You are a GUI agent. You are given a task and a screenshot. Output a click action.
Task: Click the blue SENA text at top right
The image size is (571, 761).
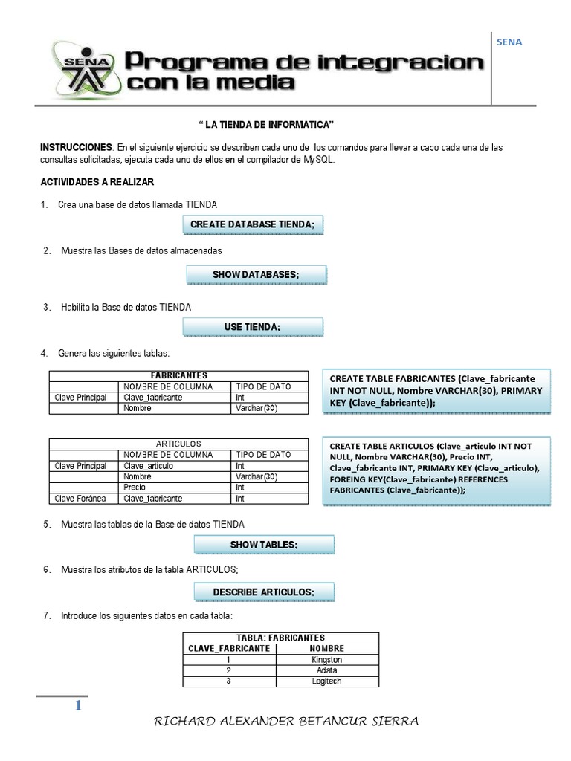coord(509,42)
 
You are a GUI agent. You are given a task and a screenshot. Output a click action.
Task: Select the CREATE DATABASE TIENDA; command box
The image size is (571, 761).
coord(252,224)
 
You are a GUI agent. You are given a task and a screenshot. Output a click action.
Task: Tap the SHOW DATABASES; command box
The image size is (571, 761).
coord(255,275)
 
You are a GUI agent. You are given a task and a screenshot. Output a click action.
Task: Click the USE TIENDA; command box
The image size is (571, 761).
coord(252,327)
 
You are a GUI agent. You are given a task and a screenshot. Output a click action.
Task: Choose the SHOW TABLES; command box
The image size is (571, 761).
coord(263,545)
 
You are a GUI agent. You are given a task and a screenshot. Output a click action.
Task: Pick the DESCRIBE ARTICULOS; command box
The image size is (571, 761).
coord(263,592)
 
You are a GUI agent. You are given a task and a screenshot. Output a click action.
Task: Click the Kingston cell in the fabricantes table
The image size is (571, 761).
coord(326,659)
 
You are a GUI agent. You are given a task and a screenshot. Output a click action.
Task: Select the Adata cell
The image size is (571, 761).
coord(326,670)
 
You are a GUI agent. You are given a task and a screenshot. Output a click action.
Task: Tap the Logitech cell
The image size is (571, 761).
coord(326,681)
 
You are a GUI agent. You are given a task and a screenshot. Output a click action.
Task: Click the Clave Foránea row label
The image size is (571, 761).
coord(81,499)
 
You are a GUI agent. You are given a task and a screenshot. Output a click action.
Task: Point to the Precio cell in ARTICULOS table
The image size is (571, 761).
coord(135,488)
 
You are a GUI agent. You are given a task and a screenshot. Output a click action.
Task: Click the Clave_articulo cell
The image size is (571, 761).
coord(149,466)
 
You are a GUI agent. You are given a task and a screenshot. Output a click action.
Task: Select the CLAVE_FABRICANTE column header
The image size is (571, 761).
coord(229,648)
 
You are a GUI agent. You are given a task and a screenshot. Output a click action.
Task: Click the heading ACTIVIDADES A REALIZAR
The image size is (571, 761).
coord(97,182)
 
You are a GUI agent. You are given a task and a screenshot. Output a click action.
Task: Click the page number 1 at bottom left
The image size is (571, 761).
coord(77,706)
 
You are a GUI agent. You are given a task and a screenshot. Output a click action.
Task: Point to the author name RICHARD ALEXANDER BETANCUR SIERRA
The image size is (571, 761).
coord(285,722)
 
